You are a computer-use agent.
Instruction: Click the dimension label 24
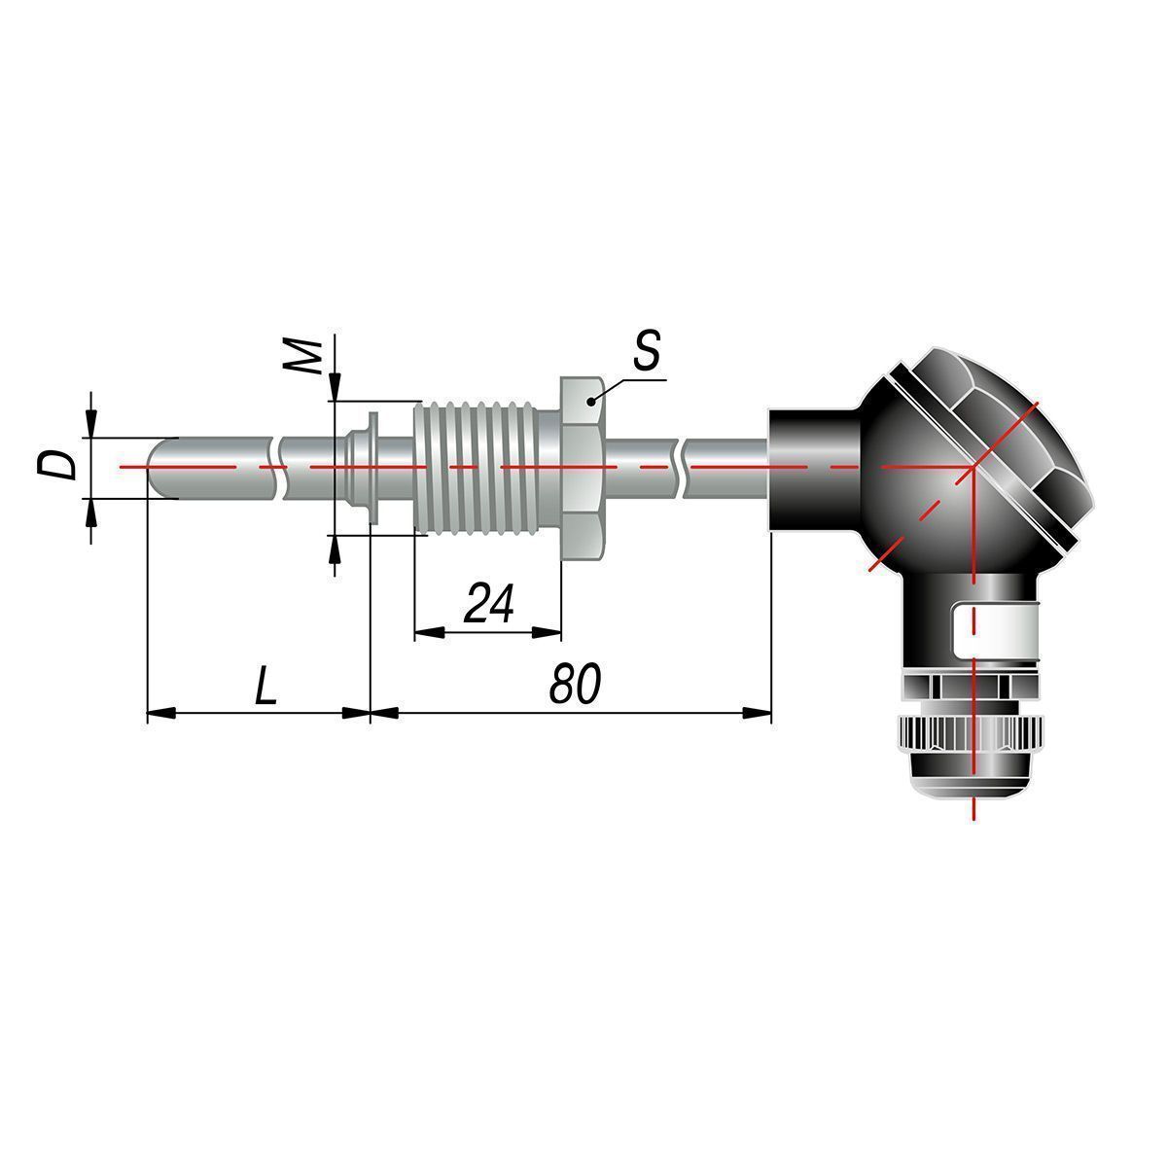(x=489, y=603)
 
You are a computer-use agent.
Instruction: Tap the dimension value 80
(x=575, y=684)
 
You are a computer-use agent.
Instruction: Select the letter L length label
(x=265, y=685)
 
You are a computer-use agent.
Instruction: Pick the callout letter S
(x=646, y=351)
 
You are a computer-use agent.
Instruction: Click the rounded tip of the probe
(x=159, y=467)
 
